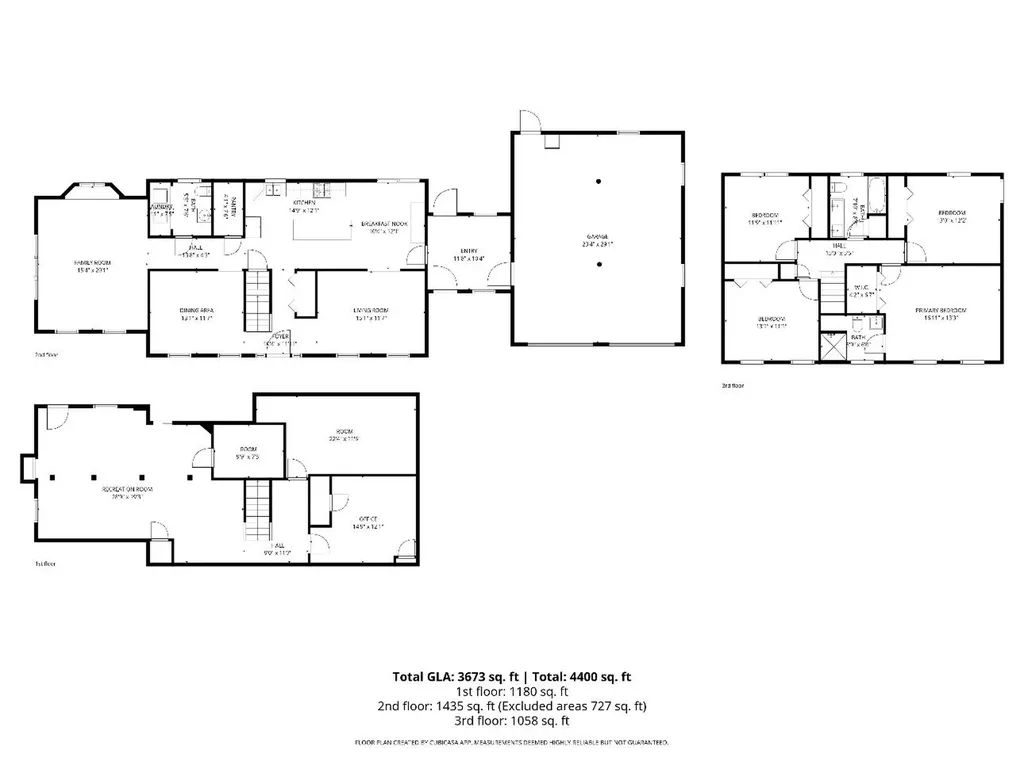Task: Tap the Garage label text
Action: pos(598,239)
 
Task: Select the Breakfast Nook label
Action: pos(383,225)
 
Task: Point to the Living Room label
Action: pos(370,312)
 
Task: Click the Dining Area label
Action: pos(196,312)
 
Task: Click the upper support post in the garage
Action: pos(598,182)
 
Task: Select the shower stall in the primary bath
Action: pos(833,345)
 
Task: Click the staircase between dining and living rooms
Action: pos(258,301)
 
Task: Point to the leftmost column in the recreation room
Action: pos(52,477)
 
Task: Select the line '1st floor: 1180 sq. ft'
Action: pos(512,691)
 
